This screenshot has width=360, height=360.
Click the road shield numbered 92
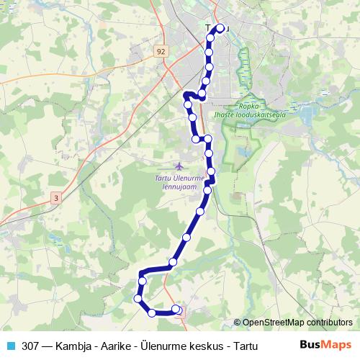pos(160,51)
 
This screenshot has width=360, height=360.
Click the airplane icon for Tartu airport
pos(179,168)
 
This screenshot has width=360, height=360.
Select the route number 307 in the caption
pos(31,345)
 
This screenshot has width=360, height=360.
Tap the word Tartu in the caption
pos(243,345)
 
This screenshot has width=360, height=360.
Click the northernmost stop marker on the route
pos(220,29)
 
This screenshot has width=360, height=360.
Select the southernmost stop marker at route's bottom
pos(152,312)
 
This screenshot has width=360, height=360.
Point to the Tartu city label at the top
pos(216,27)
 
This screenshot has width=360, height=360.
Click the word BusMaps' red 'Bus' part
pos(310,345)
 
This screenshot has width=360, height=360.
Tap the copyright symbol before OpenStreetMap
pos(238,323)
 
